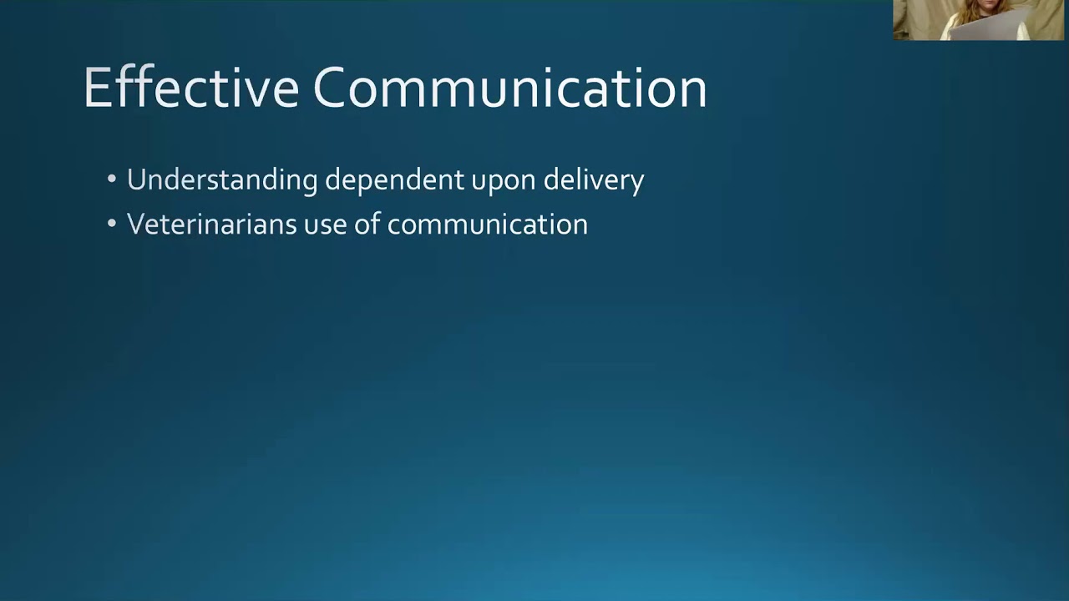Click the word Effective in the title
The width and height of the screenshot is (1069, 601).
coord(190,88)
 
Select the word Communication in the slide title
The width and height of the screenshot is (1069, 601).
coord(509,88)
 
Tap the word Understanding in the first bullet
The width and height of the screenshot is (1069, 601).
coord(221,180)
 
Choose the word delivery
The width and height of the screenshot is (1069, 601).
coord(593,180)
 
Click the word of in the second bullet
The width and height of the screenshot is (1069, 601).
coord(367,225)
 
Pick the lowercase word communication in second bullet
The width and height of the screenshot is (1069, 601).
coord(488,225)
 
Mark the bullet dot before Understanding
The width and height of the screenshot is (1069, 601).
coord(112,180)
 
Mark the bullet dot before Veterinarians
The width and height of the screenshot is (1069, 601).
coord(112,225)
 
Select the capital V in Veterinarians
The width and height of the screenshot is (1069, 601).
coord(135,225)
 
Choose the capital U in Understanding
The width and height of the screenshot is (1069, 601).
coord(136,180)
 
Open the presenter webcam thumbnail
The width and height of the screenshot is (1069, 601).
coord(979,20)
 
